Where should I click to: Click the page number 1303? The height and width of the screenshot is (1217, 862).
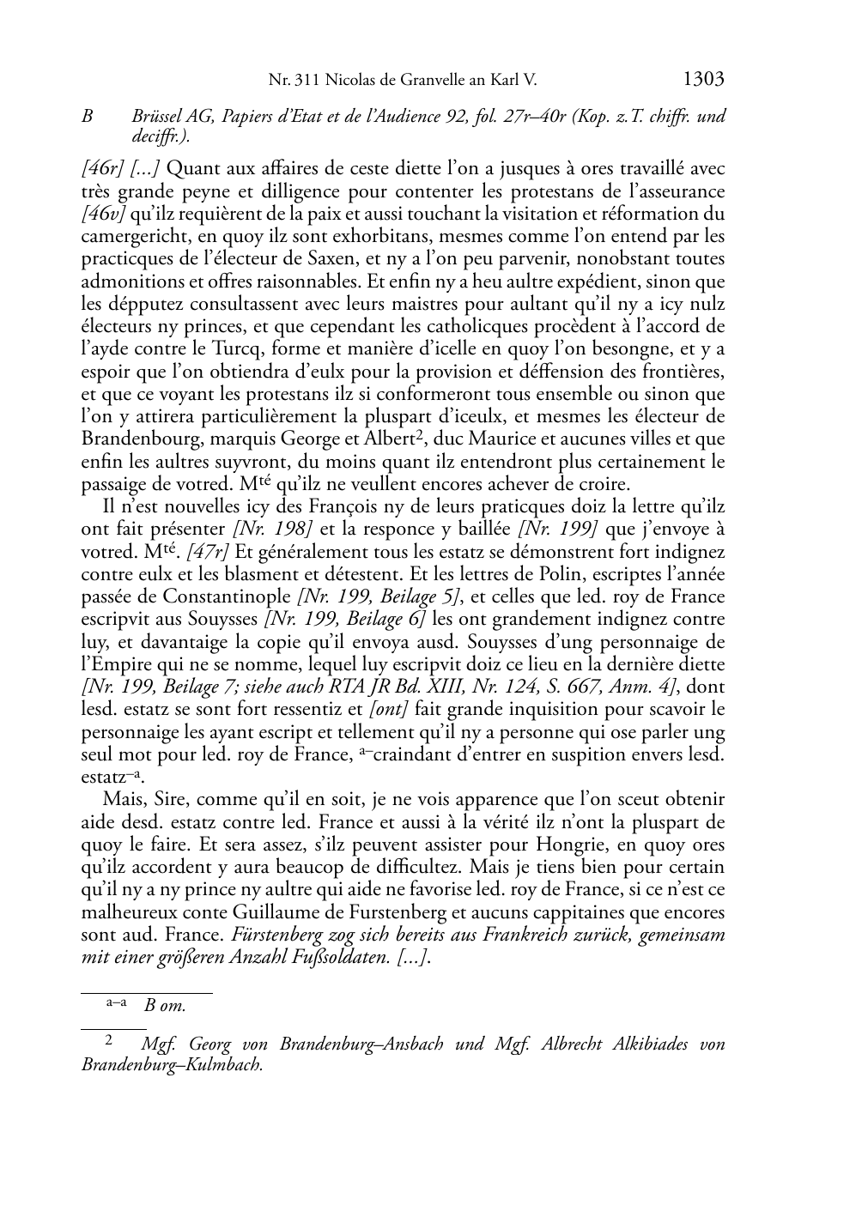coord(703,80)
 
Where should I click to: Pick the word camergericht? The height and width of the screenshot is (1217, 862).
coord(129,236)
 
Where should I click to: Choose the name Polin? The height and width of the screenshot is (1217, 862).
coord(491,574)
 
